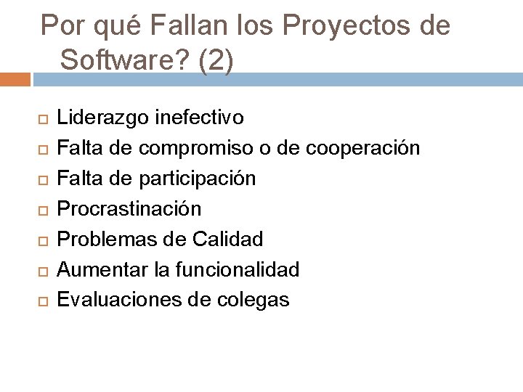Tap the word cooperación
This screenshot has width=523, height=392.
pyautogui.click(x=363, y=148)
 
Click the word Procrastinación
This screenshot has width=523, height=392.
pyautogui.click(x=129, y=209)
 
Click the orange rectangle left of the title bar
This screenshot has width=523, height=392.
pyautogui.click(x=15, y=79)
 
